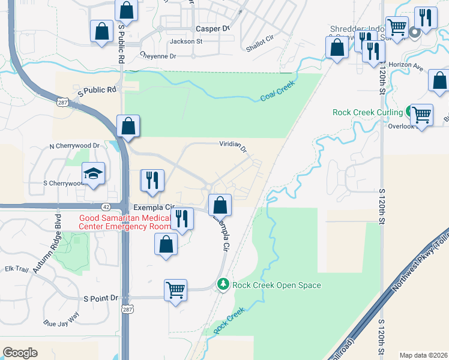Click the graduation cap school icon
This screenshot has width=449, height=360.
click(x=93, y=173)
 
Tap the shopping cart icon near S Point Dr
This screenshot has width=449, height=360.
click(x=175, y=290)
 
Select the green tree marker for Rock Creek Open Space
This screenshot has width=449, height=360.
click(x=223, y=283)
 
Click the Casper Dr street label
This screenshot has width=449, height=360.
click(x=213, y=28)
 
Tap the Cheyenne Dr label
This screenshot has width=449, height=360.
click(x=158, y=56)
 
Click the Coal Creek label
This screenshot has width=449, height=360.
click(x=279, y=91)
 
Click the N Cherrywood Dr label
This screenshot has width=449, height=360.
click(x=74, y=146)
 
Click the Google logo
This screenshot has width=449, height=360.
click(x=20, y=353)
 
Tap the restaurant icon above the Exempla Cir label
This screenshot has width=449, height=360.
click(x=152, y=180)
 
